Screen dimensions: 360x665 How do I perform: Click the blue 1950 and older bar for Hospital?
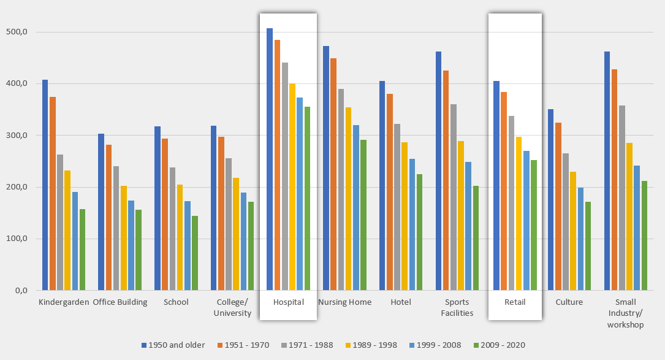tap(270, 159)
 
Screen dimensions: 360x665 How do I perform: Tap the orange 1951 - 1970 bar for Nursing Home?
tap(333, 174)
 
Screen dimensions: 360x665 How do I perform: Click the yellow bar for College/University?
tap(236, 234)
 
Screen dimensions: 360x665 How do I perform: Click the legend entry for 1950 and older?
tap(173, 345)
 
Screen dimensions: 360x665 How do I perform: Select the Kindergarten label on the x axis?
tap(64, 302)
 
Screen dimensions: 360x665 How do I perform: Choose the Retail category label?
tap(515, 302)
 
